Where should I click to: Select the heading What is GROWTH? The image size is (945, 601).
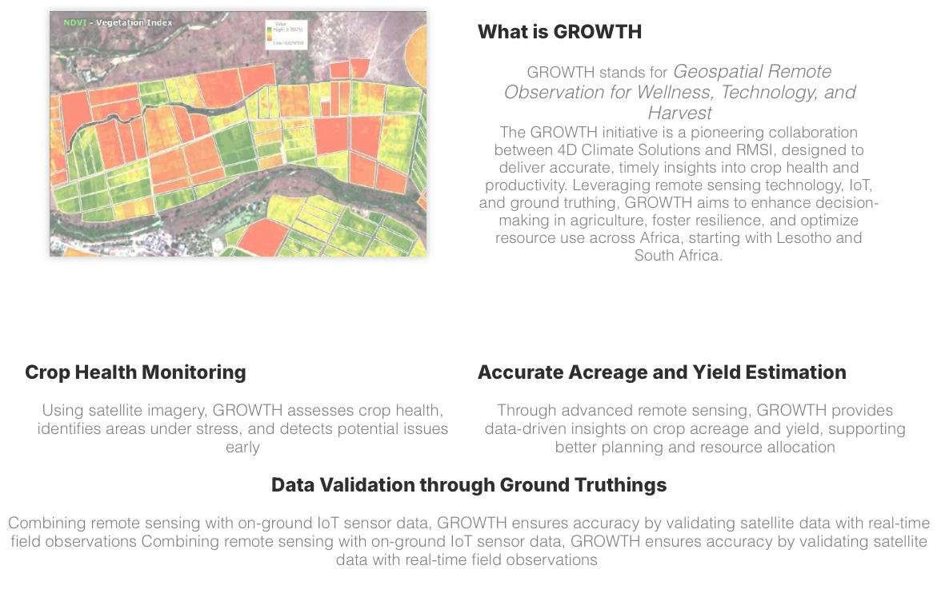pyautogui.click(x=559, y=32)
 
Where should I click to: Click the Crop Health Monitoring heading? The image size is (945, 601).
pyautogui.click(x=135, y=372)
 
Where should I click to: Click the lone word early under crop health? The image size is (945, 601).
pyautogui.click(x=242, y=448)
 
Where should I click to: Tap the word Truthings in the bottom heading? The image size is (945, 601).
pyautogui.click(x=623, y=485)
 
